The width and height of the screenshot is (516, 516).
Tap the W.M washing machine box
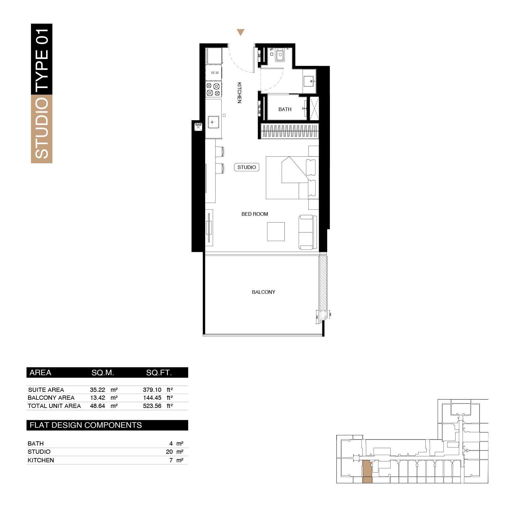click(214, 73)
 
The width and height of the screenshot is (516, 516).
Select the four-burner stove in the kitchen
click(213, 89)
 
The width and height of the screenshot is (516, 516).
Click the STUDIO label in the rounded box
click(246, 167)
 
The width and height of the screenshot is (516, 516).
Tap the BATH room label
click(285, 109)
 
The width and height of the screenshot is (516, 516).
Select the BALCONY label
click(263, 292)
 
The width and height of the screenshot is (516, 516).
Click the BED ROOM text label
click(254, 214)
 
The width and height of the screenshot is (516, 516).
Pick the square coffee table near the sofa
click(276, 231)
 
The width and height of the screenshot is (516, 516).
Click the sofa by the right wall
click(307, 232)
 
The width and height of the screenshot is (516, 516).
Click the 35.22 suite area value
click(97, 390)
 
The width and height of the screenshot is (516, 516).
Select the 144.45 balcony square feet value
click(152, 398)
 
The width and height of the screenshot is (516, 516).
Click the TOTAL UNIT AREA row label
click(54, 406)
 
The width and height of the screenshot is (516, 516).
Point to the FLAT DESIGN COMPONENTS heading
click(86, 425)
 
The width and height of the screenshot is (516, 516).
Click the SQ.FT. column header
click(159, 373)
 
